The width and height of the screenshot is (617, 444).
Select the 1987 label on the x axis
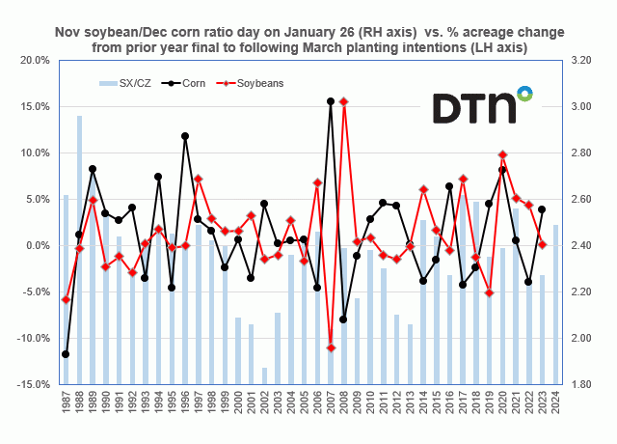click(66, 404)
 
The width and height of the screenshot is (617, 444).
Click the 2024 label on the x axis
click(556, 404)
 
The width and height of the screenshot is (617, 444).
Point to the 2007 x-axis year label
click(331, 404)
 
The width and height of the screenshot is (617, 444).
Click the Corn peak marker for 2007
click(331, 101)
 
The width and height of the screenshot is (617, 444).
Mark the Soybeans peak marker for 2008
click(344, 101)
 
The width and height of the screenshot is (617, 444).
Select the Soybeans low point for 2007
click(331, 347)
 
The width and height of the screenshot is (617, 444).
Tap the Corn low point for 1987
click(66, 354)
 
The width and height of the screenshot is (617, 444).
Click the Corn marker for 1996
click(185, 136)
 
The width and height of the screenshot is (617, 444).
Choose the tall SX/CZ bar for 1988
click(79, 251)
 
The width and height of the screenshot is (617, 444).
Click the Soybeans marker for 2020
click(502, 154)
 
